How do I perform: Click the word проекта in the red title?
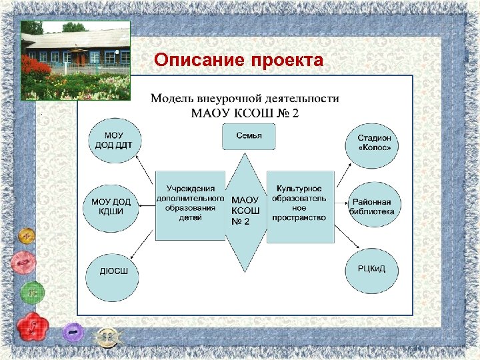(x=288, y=61)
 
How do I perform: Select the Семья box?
(x=249, y=137)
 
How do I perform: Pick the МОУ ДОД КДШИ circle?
(x=111, y=206)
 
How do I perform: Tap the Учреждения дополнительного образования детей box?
(x=190, y=204)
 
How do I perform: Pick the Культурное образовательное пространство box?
(x=300, y=204)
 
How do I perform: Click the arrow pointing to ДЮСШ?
(x=141, y=244)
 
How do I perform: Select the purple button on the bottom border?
(x=73, y=331)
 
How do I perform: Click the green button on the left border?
(x=31, y=291)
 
